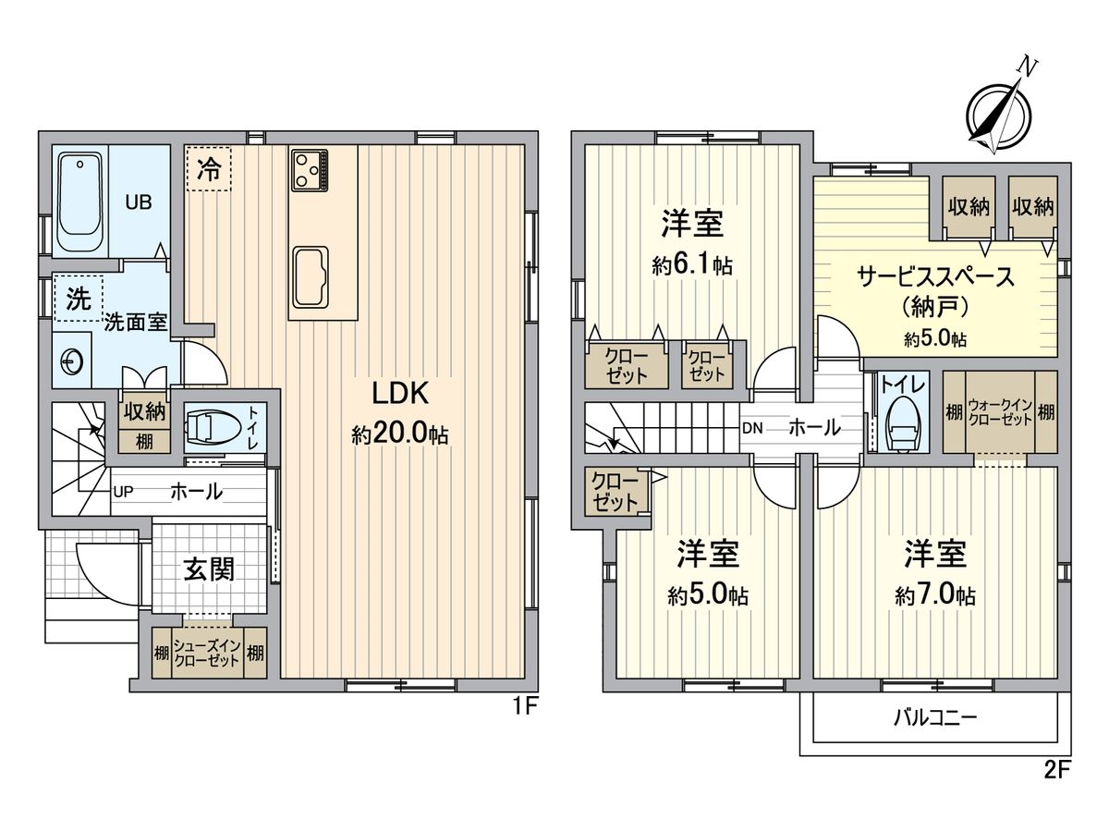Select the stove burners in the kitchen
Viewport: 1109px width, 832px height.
tap(310, 168)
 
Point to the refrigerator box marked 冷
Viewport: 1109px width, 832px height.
tap(209, 169)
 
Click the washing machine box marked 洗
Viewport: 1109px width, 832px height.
tap(78, 298)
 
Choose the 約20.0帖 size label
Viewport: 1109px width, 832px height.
tap(399, 434)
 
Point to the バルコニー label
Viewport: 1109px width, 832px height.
tap(934, 717)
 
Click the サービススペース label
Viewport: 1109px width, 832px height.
tap(936, 275)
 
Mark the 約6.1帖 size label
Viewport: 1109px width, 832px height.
tap(691, 265)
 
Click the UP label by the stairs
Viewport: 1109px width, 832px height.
tap(123, 492)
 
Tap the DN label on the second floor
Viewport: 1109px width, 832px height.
tap(752, 428)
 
